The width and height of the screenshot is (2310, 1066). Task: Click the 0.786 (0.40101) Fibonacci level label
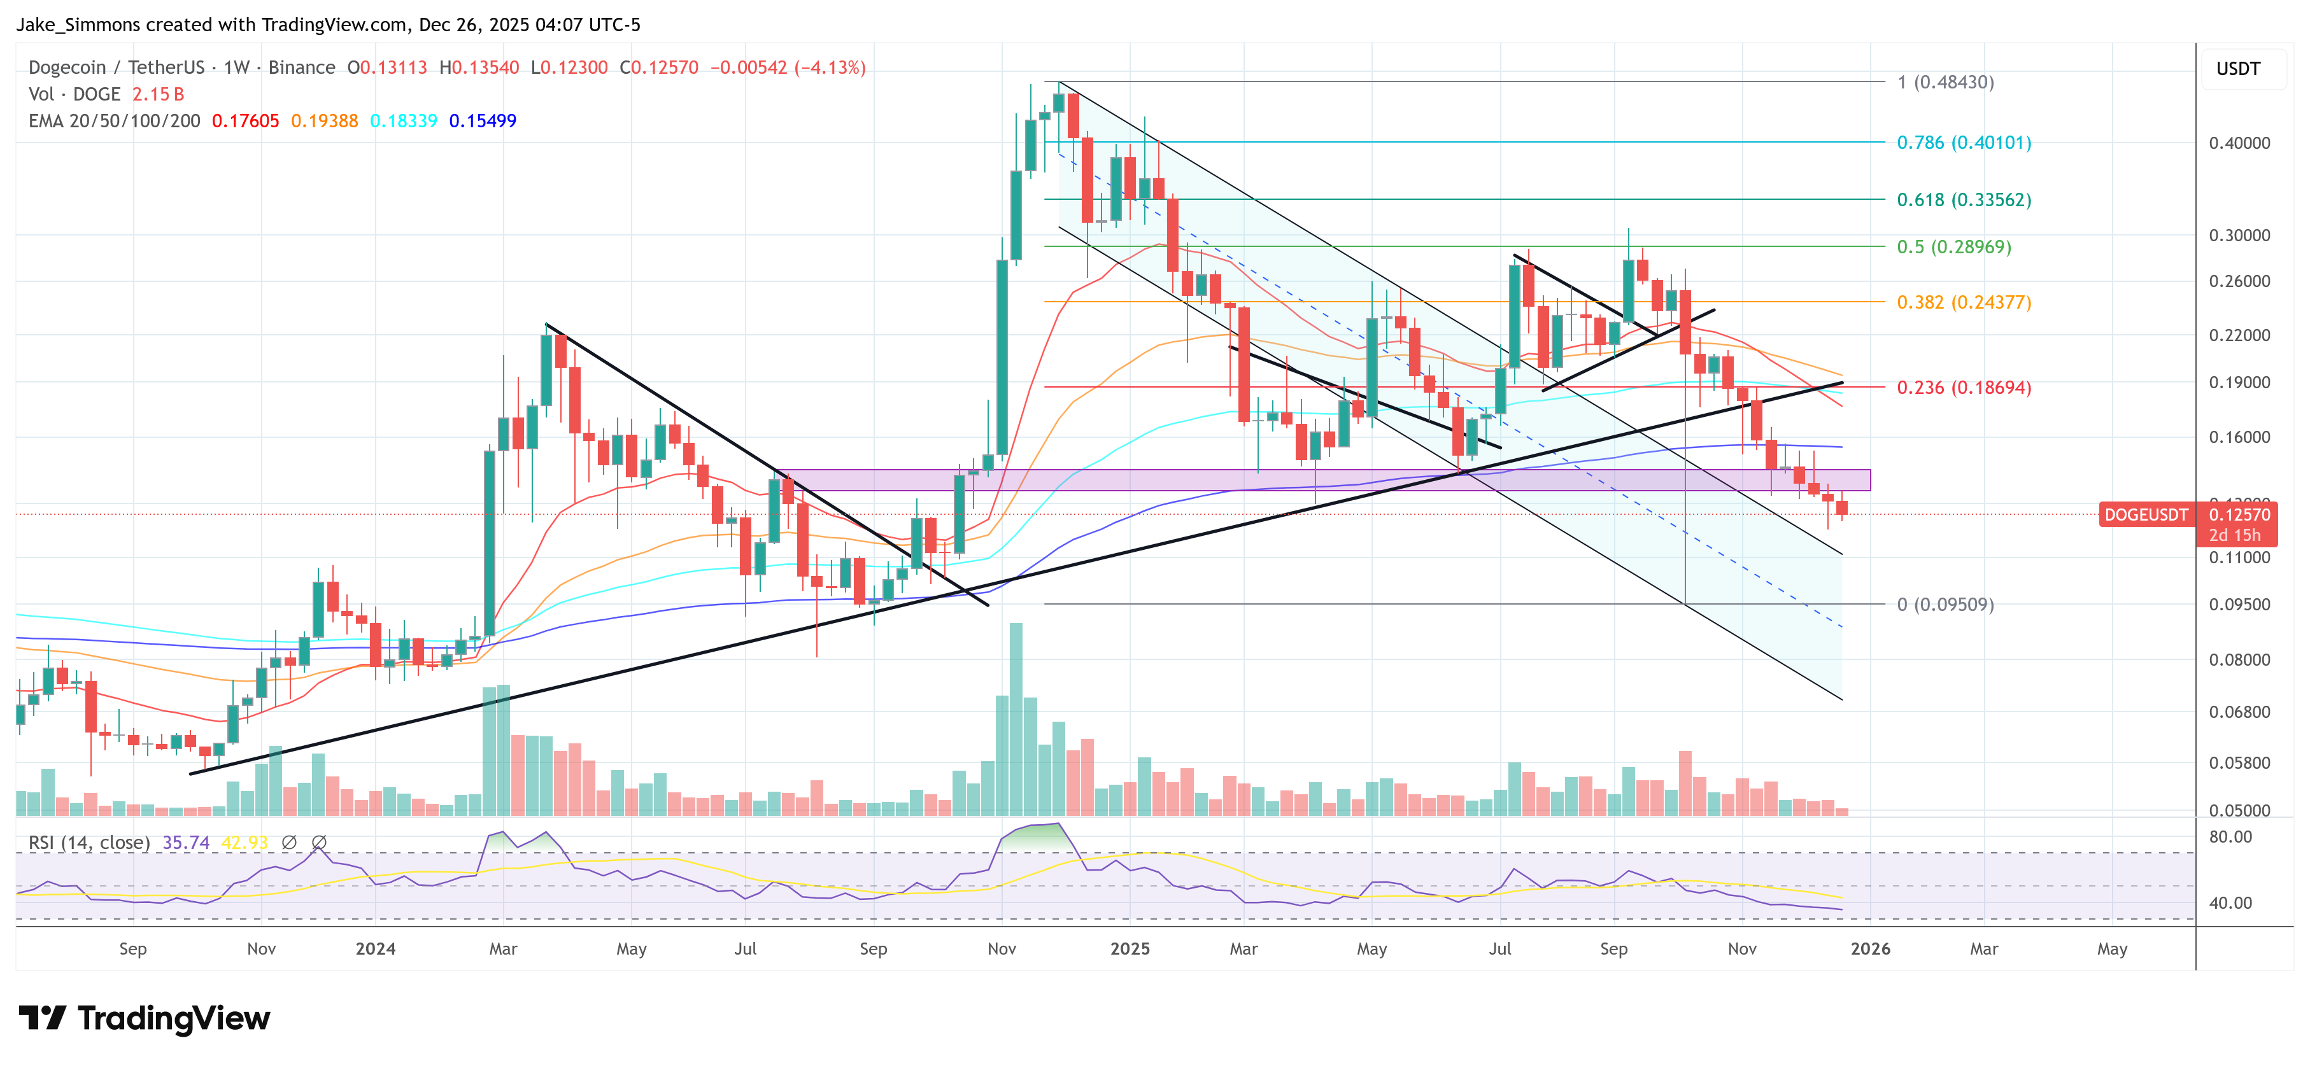click(1963, 143)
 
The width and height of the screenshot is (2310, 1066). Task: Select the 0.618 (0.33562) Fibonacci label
click(1963, 200)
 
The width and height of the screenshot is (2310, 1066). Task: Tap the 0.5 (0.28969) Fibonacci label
click(1953, 246)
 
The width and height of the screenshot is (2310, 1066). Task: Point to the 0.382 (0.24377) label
click(1963, 302)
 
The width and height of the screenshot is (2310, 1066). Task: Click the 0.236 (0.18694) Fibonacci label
click(1963, 388)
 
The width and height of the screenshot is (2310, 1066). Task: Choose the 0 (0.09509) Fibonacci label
click(1944, 604)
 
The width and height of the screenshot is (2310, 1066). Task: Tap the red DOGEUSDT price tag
click(2146, 515)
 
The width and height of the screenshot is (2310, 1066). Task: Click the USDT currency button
click(2237, 69)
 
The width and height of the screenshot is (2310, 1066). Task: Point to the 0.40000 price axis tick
click(2239, 143)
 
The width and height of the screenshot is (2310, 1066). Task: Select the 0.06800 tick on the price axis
click(2239, 712)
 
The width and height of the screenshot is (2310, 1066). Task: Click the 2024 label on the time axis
click(375, 948)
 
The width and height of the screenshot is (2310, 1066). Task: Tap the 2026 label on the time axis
click(1869, 948)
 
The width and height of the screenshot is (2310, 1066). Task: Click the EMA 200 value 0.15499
click(483, 121)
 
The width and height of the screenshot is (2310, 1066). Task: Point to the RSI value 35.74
click(186, 843)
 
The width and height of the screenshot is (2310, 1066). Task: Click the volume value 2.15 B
click(158, 94)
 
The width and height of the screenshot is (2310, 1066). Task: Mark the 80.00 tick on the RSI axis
click(2230, 836)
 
